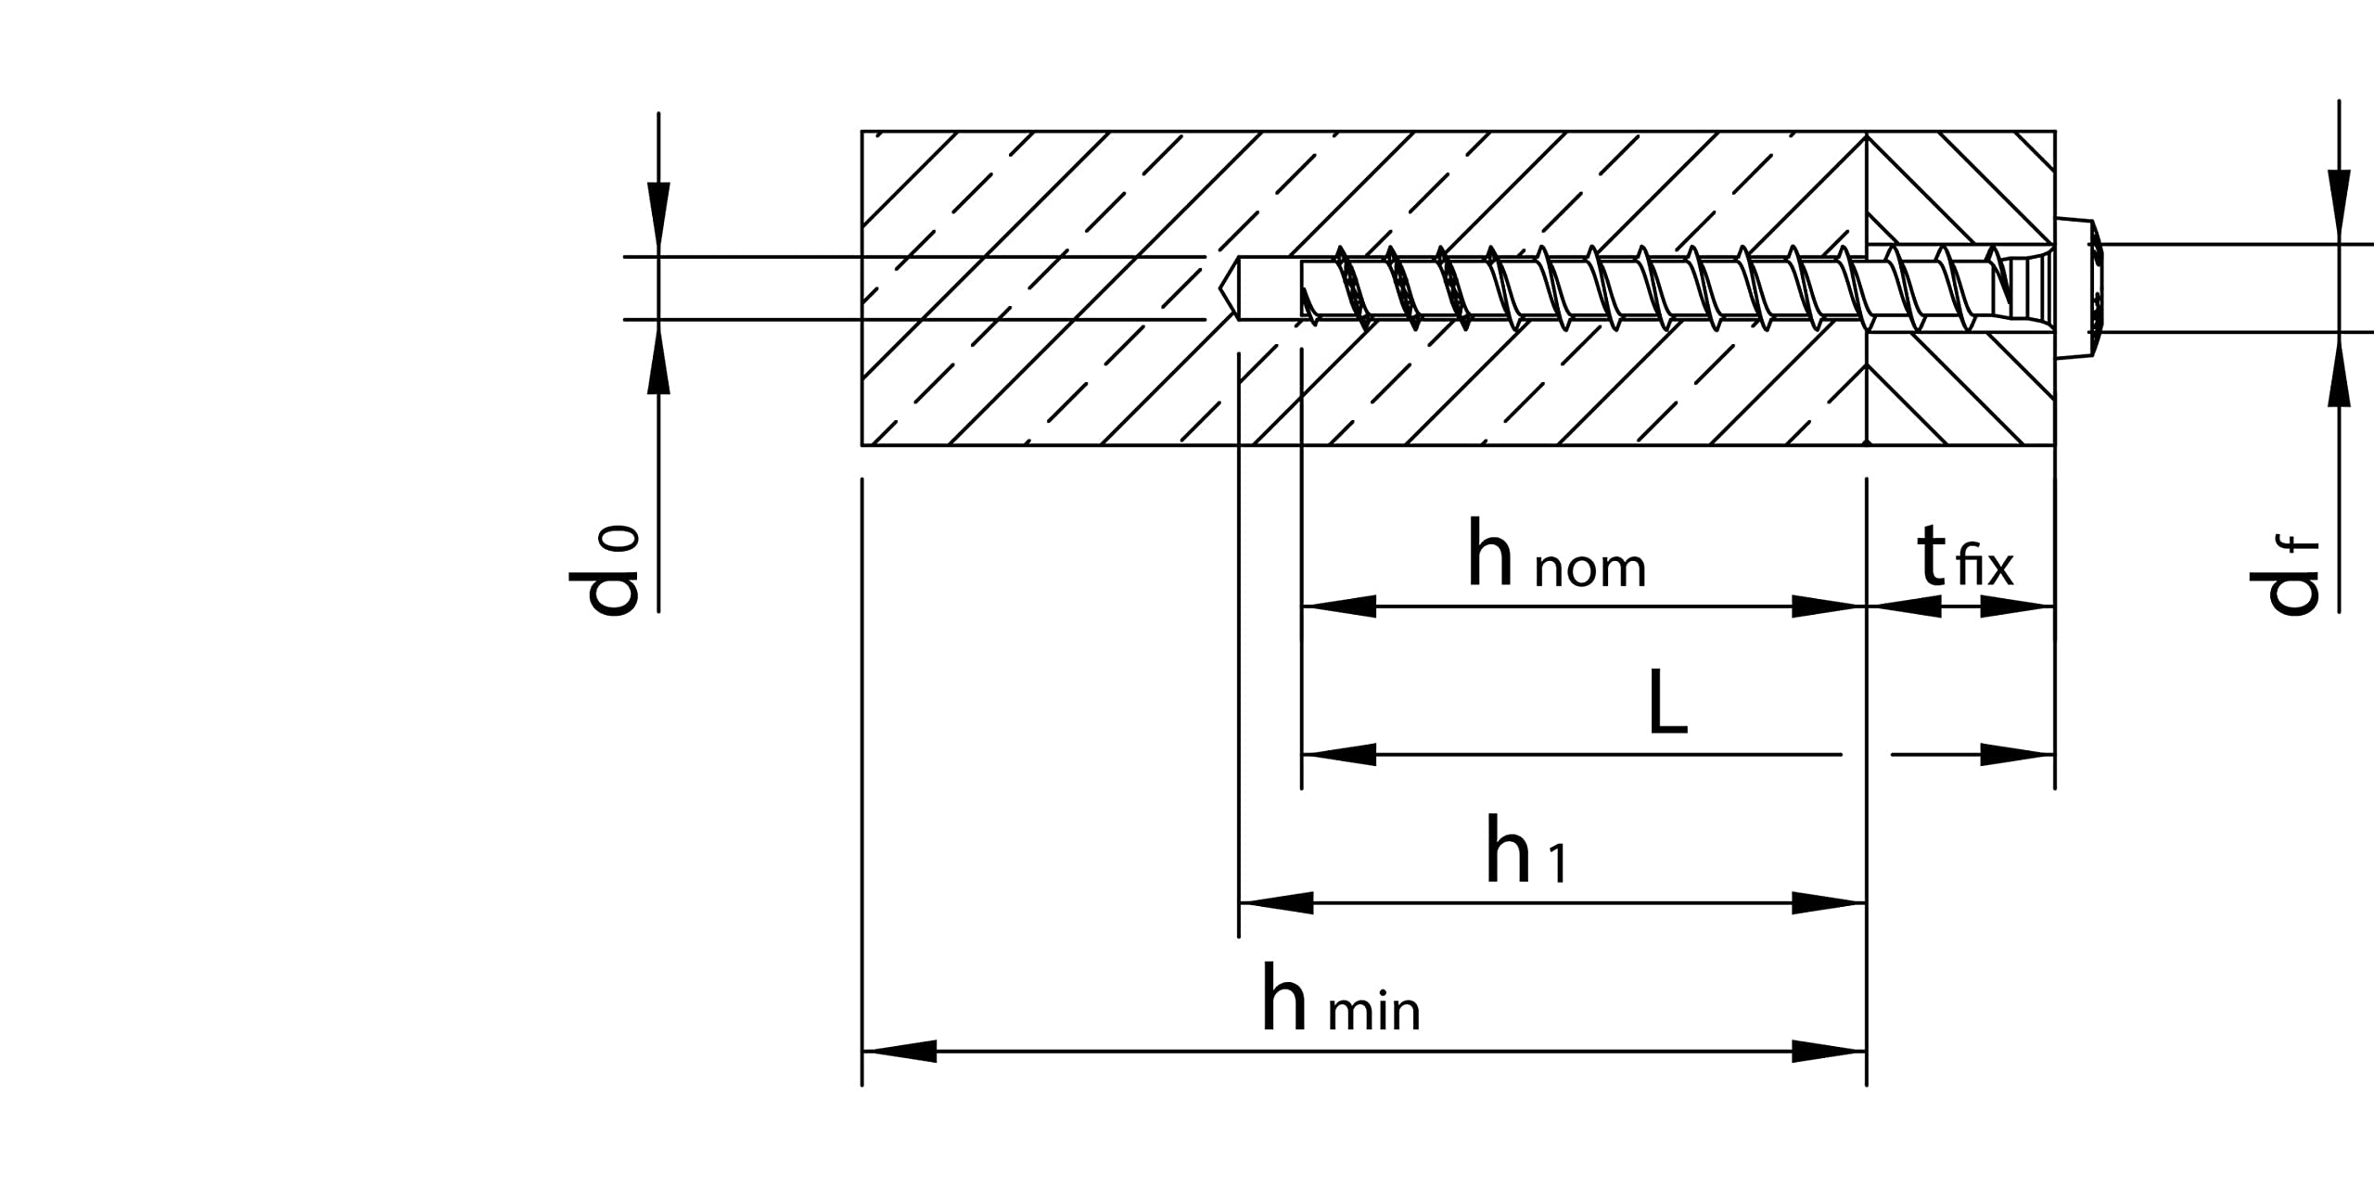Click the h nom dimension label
pyautogui.click(x=1556, y=556)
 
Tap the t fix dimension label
pyautogui.click(x=1965, y=559)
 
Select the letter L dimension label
pyautogui.click(x=1667, y=704)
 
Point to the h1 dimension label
pyautogui.click(x=1525, y=852)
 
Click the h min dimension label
pyautogui.click(x=1340, y=1001)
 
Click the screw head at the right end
pyautogui.click(x=2077, y=288)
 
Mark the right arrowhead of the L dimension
pyautogui.click(x=2018, y=755)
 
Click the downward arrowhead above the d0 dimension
pyautogui.click(x=658, y=219)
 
